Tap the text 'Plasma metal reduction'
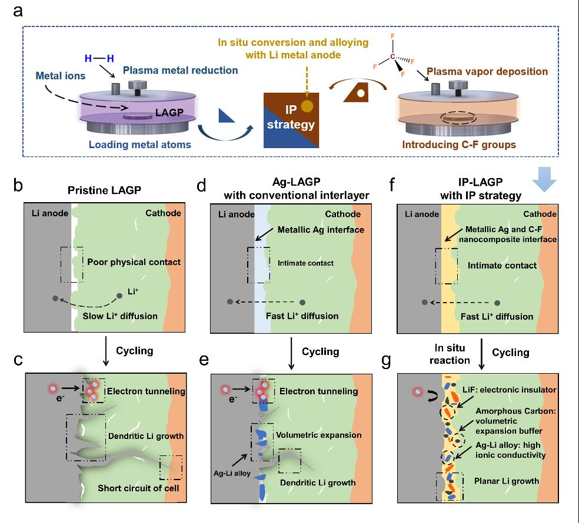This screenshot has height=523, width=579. (180, 71)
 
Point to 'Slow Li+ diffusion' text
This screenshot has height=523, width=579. (124, 316)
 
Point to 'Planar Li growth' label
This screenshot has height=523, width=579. (506, 481)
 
